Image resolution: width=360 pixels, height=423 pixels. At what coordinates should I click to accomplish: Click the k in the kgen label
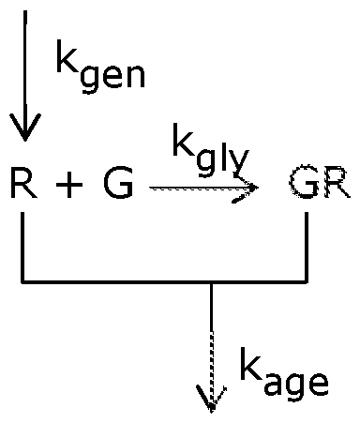(x=67, y=67)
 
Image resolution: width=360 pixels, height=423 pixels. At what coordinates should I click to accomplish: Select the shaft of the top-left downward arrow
(x=23, y=66)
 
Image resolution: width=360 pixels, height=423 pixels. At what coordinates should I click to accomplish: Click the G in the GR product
(x=302, y=185)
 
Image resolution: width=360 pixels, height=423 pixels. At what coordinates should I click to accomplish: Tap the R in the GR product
(x=333, y=185)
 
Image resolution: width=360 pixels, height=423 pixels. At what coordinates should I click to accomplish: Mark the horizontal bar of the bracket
(x=164, y=280)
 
